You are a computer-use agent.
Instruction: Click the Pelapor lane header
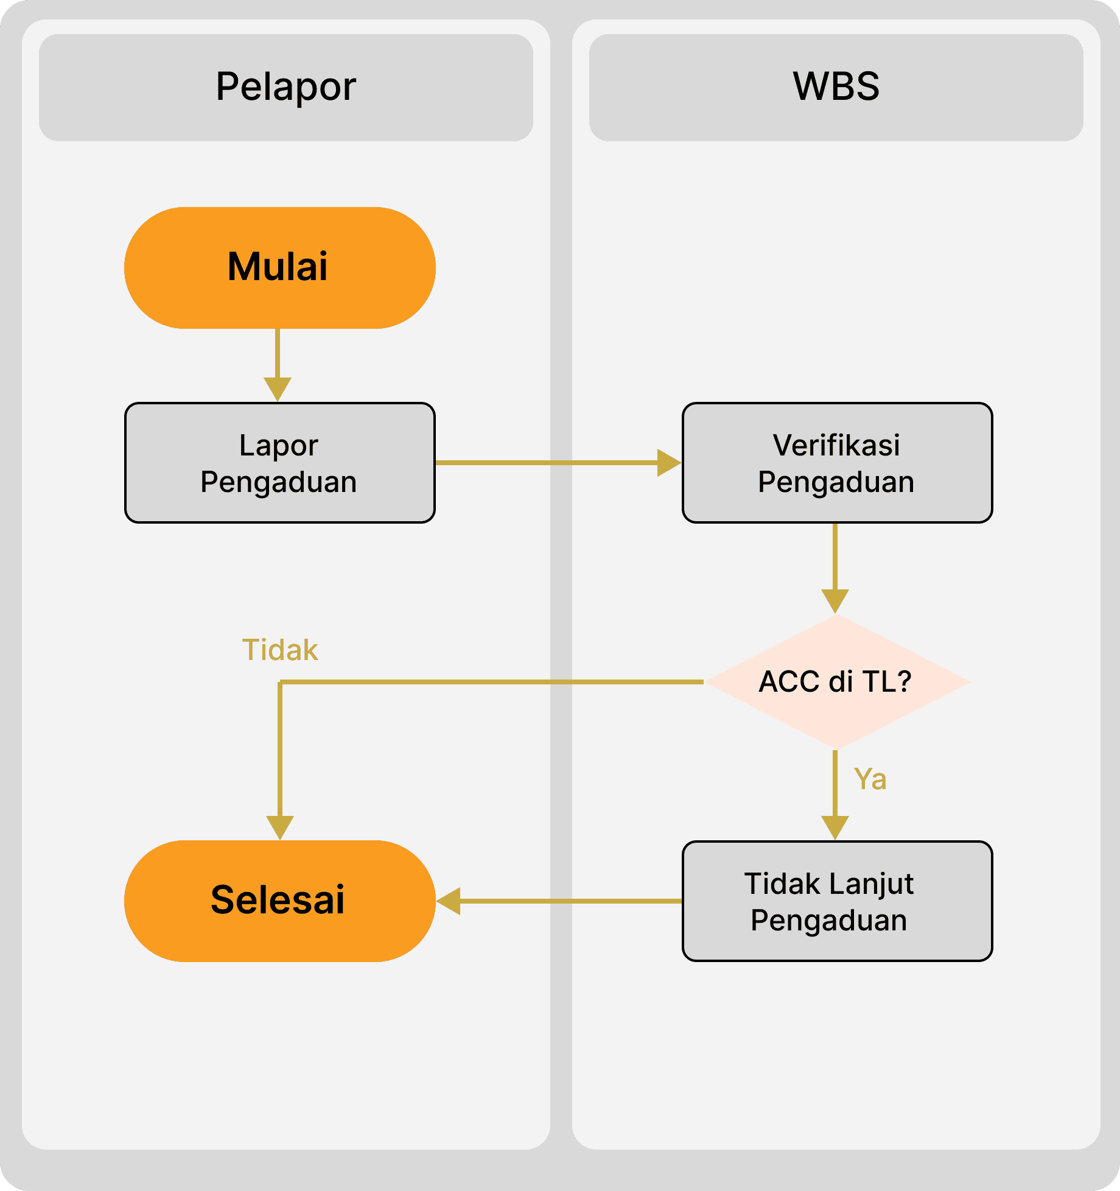coord(286,88)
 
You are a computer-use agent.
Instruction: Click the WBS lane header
coord(836,88)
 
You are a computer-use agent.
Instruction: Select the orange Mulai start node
coord(280,268)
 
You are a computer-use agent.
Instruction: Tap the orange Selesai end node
coord(280,901)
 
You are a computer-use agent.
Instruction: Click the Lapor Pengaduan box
coord(280,463)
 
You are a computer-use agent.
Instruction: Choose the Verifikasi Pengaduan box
coord(838,463)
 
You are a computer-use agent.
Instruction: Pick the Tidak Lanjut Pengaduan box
coord(838,901)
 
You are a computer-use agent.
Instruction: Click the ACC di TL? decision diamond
coord(838,682)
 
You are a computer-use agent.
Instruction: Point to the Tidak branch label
coord(280,650)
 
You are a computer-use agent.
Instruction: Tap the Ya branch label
coord(870,779)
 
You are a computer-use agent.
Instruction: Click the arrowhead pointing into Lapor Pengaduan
coord(278,390)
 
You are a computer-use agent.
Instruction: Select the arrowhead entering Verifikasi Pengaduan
coord(670,463)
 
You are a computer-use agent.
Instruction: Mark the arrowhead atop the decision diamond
coord(835,602)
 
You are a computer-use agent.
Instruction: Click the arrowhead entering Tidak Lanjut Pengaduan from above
coord(835,828)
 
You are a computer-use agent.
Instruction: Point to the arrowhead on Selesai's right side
coord(448,901)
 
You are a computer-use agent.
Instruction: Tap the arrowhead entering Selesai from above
coord(280,828)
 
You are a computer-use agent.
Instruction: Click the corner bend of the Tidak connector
coord(280,682)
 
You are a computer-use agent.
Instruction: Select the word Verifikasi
coord(836,445)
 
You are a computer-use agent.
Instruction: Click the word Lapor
coord(279,445)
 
